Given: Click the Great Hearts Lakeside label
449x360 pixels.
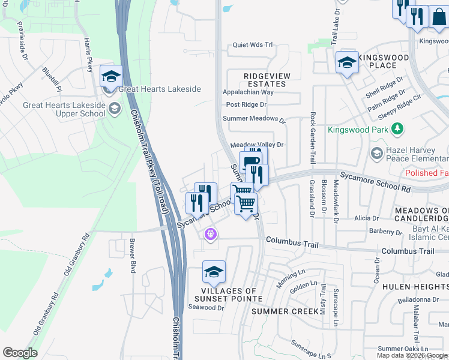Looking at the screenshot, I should point(159,89).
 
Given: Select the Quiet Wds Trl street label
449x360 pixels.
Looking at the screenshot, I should point(253,45).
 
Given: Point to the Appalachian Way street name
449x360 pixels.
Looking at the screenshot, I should point(248,92).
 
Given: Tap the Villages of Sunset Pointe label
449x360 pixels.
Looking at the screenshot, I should point(228,294).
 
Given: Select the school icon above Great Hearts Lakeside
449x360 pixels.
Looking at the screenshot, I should point(111,76).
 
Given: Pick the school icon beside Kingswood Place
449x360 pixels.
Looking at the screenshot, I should point(347,62).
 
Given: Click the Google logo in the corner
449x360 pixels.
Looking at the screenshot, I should point(20,353).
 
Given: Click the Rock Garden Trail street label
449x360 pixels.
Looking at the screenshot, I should point(313,139).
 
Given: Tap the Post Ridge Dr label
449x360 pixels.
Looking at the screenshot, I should point(246,104).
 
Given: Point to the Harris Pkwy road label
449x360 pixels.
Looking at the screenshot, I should point(89,55).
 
